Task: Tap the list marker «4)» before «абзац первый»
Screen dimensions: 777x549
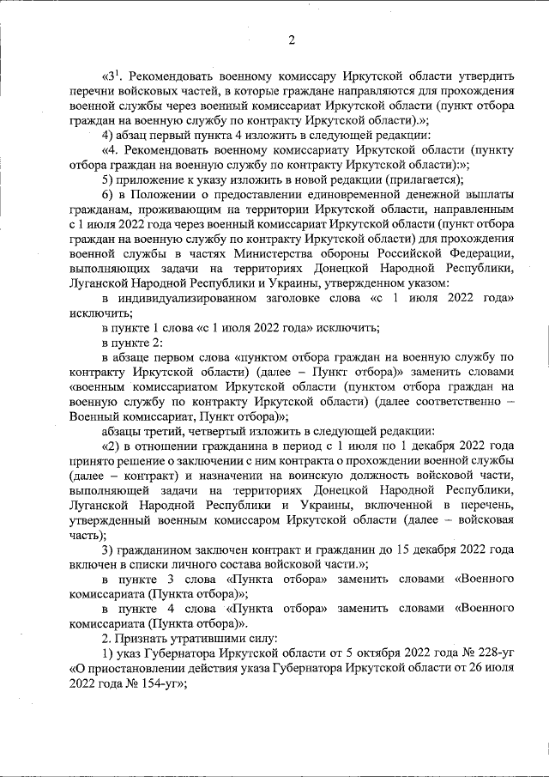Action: pyautogui.click(x=108, y=136)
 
